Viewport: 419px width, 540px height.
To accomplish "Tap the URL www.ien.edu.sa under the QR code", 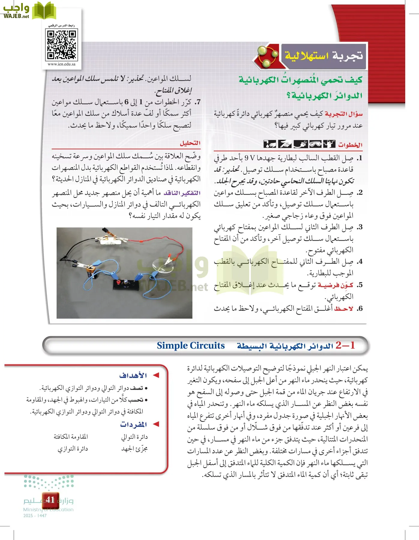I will click(x=62, y=64).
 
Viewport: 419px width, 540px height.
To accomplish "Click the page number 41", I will click(x=50, y=499).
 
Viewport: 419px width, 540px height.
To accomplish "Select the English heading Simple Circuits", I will click(x=191, y=346).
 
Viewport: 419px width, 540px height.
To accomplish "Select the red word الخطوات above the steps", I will click(x=350, y=145).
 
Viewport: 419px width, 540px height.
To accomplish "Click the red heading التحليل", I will click(x=190, y=143).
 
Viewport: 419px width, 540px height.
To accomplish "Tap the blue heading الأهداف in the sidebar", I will click(x=133, y=375).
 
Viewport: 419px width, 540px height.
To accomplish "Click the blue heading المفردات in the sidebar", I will click(x=134, y=424).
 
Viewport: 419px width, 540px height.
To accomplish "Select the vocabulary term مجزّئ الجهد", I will click(x=134, y=449).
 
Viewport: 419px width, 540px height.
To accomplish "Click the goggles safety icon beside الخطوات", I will click(x=315, y=144).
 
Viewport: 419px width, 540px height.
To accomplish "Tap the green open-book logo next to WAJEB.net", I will click(x=44, y=10).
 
